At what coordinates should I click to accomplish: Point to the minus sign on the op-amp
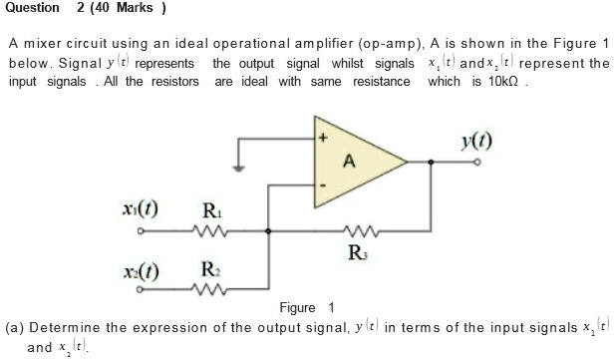(322, 184)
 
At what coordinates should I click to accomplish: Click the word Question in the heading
(31, 9)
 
